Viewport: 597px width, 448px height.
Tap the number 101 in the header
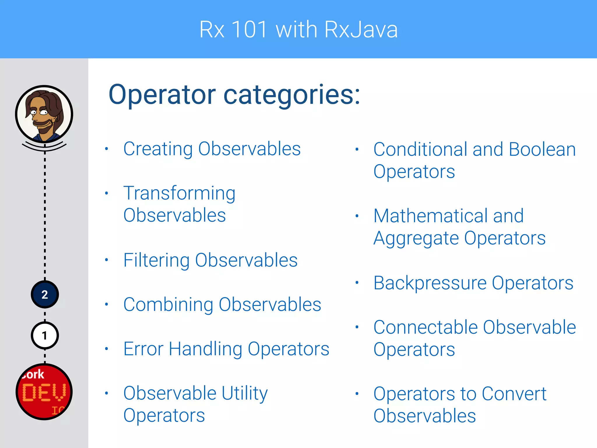(x=250, y=29)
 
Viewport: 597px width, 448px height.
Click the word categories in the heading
(x=292, y=95)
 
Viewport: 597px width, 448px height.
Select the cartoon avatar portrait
(x=44, y=114)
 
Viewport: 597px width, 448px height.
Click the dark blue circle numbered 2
(x=45, y=295)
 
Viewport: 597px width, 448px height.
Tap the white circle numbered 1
(x=45, y=336)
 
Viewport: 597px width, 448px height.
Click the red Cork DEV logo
(x=44, y=392)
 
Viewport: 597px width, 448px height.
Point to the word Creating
(x=158, y=149)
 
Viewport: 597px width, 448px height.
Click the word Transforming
(x=179, y=194)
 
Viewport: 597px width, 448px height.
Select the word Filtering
(x=156, y=260)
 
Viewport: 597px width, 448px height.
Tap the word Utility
(x=244, y=393)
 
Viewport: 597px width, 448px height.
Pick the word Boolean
(x=542, y=149)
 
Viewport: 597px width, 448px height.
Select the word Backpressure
(x=430, y=283)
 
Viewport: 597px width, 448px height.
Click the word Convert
(x=514, y=394)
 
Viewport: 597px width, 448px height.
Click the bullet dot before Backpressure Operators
(x=357, y=282)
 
